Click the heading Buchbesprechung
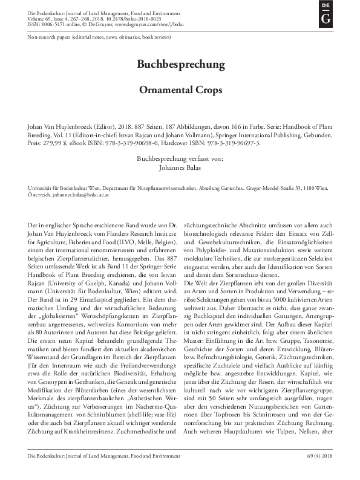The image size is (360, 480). pyautogui.click(x=179, y=63)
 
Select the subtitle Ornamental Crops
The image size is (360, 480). pyautogui.click(x=179, y=88)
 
